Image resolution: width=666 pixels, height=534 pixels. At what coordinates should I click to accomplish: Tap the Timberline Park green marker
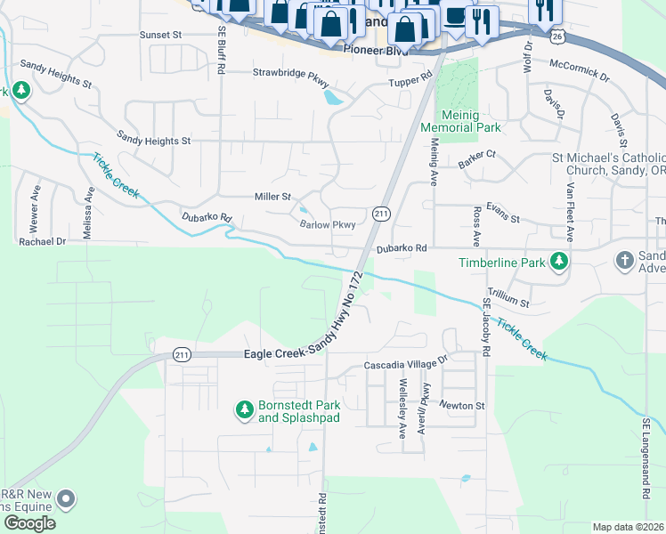pos(558,262)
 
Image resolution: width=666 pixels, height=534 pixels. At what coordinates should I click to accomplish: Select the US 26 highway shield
pos(557,36)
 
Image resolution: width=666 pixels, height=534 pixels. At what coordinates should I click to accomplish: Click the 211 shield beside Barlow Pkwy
pos(381,214)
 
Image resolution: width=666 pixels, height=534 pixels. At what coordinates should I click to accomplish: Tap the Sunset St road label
pos(160,35)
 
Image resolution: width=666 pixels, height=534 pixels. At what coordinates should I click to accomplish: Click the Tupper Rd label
pos(410,83)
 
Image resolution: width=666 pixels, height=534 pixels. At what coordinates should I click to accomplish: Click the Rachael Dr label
pos(43,241)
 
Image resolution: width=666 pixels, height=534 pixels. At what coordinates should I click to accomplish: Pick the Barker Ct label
pos(476,155)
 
